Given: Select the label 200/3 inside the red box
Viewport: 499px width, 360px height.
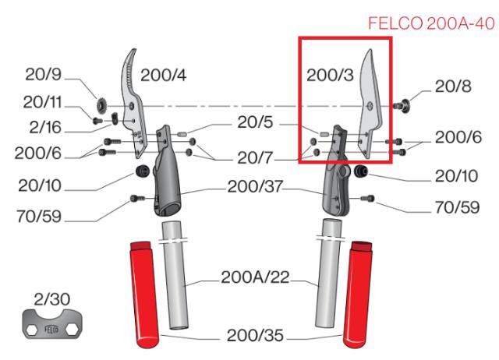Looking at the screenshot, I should pos(331,76).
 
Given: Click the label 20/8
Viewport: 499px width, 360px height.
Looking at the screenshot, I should pos(451,88).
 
